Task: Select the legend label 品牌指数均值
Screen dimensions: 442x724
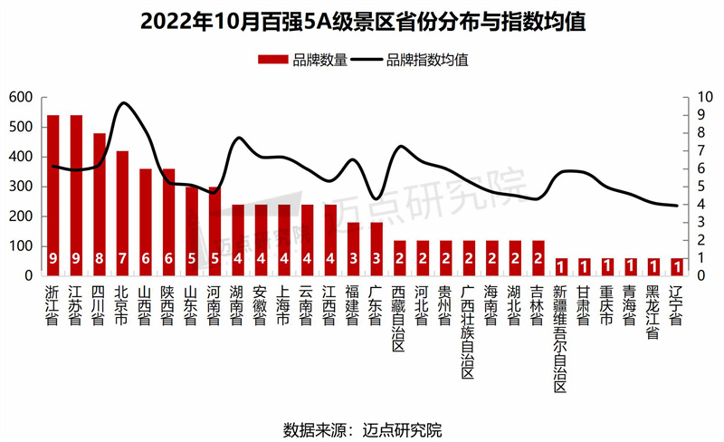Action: click(x=426, y=61)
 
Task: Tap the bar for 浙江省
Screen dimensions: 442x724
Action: click(x=53, y=195)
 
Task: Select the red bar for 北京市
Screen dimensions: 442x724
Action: click(x=122, y=213)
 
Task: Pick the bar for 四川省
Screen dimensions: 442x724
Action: click(x=100, y=204)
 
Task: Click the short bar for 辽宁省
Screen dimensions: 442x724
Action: click(x=676, y=266)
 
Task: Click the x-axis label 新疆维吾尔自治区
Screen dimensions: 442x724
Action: click(x=560, y=340)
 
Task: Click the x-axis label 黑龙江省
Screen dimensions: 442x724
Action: click(x=653, y=312)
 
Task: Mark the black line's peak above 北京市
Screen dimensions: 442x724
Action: click(x=124, y=103)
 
